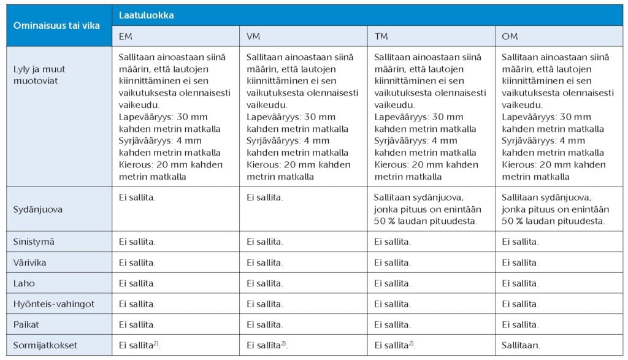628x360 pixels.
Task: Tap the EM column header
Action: (126, 36)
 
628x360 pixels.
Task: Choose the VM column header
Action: (253, 36)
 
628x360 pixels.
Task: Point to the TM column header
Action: (381, 36)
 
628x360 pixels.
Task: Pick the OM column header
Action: (510, 36)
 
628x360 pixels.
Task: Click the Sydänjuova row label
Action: (39, 209)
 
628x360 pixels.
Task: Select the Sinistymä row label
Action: (34, 242)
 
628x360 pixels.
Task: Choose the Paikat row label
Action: (27, 324)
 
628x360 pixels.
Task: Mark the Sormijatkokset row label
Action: (45, 345)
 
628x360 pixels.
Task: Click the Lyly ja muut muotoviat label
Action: (39, 75)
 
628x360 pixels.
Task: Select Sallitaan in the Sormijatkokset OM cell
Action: (521, 345)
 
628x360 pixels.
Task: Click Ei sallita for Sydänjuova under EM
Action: (137, 197)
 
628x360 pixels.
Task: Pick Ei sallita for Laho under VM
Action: (264, 283)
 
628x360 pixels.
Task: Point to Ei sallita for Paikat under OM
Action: (520, 324)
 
